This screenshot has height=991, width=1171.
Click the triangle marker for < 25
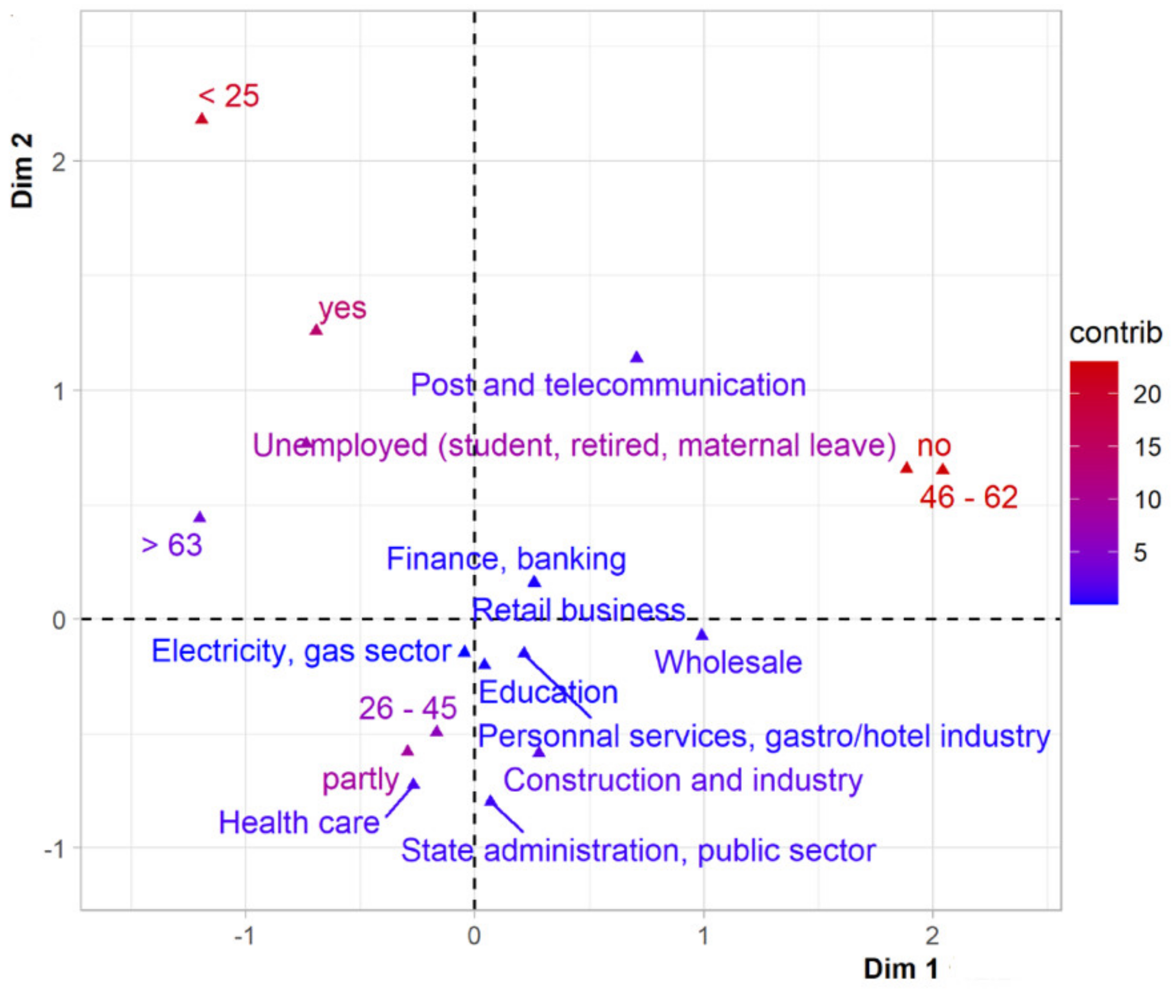tap(202, 119)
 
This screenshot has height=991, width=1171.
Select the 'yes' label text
tap(342, 308)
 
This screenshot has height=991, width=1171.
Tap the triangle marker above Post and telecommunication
tap(636, 357)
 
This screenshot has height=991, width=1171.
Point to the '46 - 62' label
tap(968, 497)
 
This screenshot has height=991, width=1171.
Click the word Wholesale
tap(728, 662)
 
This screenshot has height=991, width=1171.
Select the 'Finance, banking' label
tap(506, 559)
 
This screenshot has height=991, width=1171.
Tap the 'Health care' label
tap(299, 822)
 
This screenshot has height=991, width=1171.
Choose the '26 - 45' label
tap(407, 708)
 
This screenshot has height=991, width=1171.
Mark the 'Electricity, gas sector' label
tap(301, 651)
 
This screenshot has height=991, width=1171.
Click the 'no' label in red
tap(934, 446)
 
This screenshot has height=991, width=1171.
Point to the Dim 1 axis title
tap(901, 968)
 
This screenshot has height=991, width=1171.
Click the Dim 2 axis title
tap(23, 171)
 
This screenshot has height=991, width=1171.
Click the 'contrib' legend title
tap(1115, 333)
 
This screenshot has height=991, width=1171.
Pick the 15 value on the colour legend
tap(1147, 447)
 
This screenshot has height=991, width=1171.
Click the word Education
tap(548, 692)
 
